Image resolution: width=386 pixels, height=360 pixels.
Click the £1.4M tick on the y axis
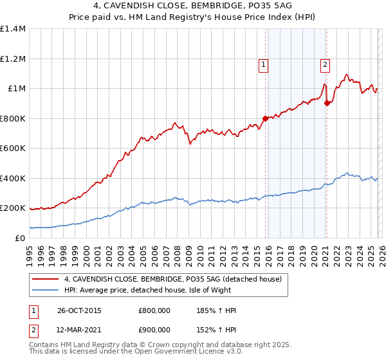pos(13,29)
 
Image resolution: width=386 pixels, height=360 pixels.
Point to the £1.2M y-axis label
pos(13,59)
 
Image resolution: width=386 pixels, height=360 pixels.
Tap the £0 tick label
pos(19,238)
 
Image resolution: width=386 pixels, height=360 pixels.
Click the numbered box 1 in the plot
pos(264,64)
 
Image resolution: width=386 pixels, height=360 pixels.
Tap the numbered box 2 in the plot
pos(326,64)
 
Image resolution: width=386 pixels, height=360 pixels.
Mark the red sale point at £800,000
pos(265,118)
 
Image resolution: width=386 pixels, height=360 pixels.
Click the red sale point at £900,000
pos(326,104)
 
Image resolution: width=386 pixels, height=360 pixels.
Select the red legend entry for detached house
pos(172,279)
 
